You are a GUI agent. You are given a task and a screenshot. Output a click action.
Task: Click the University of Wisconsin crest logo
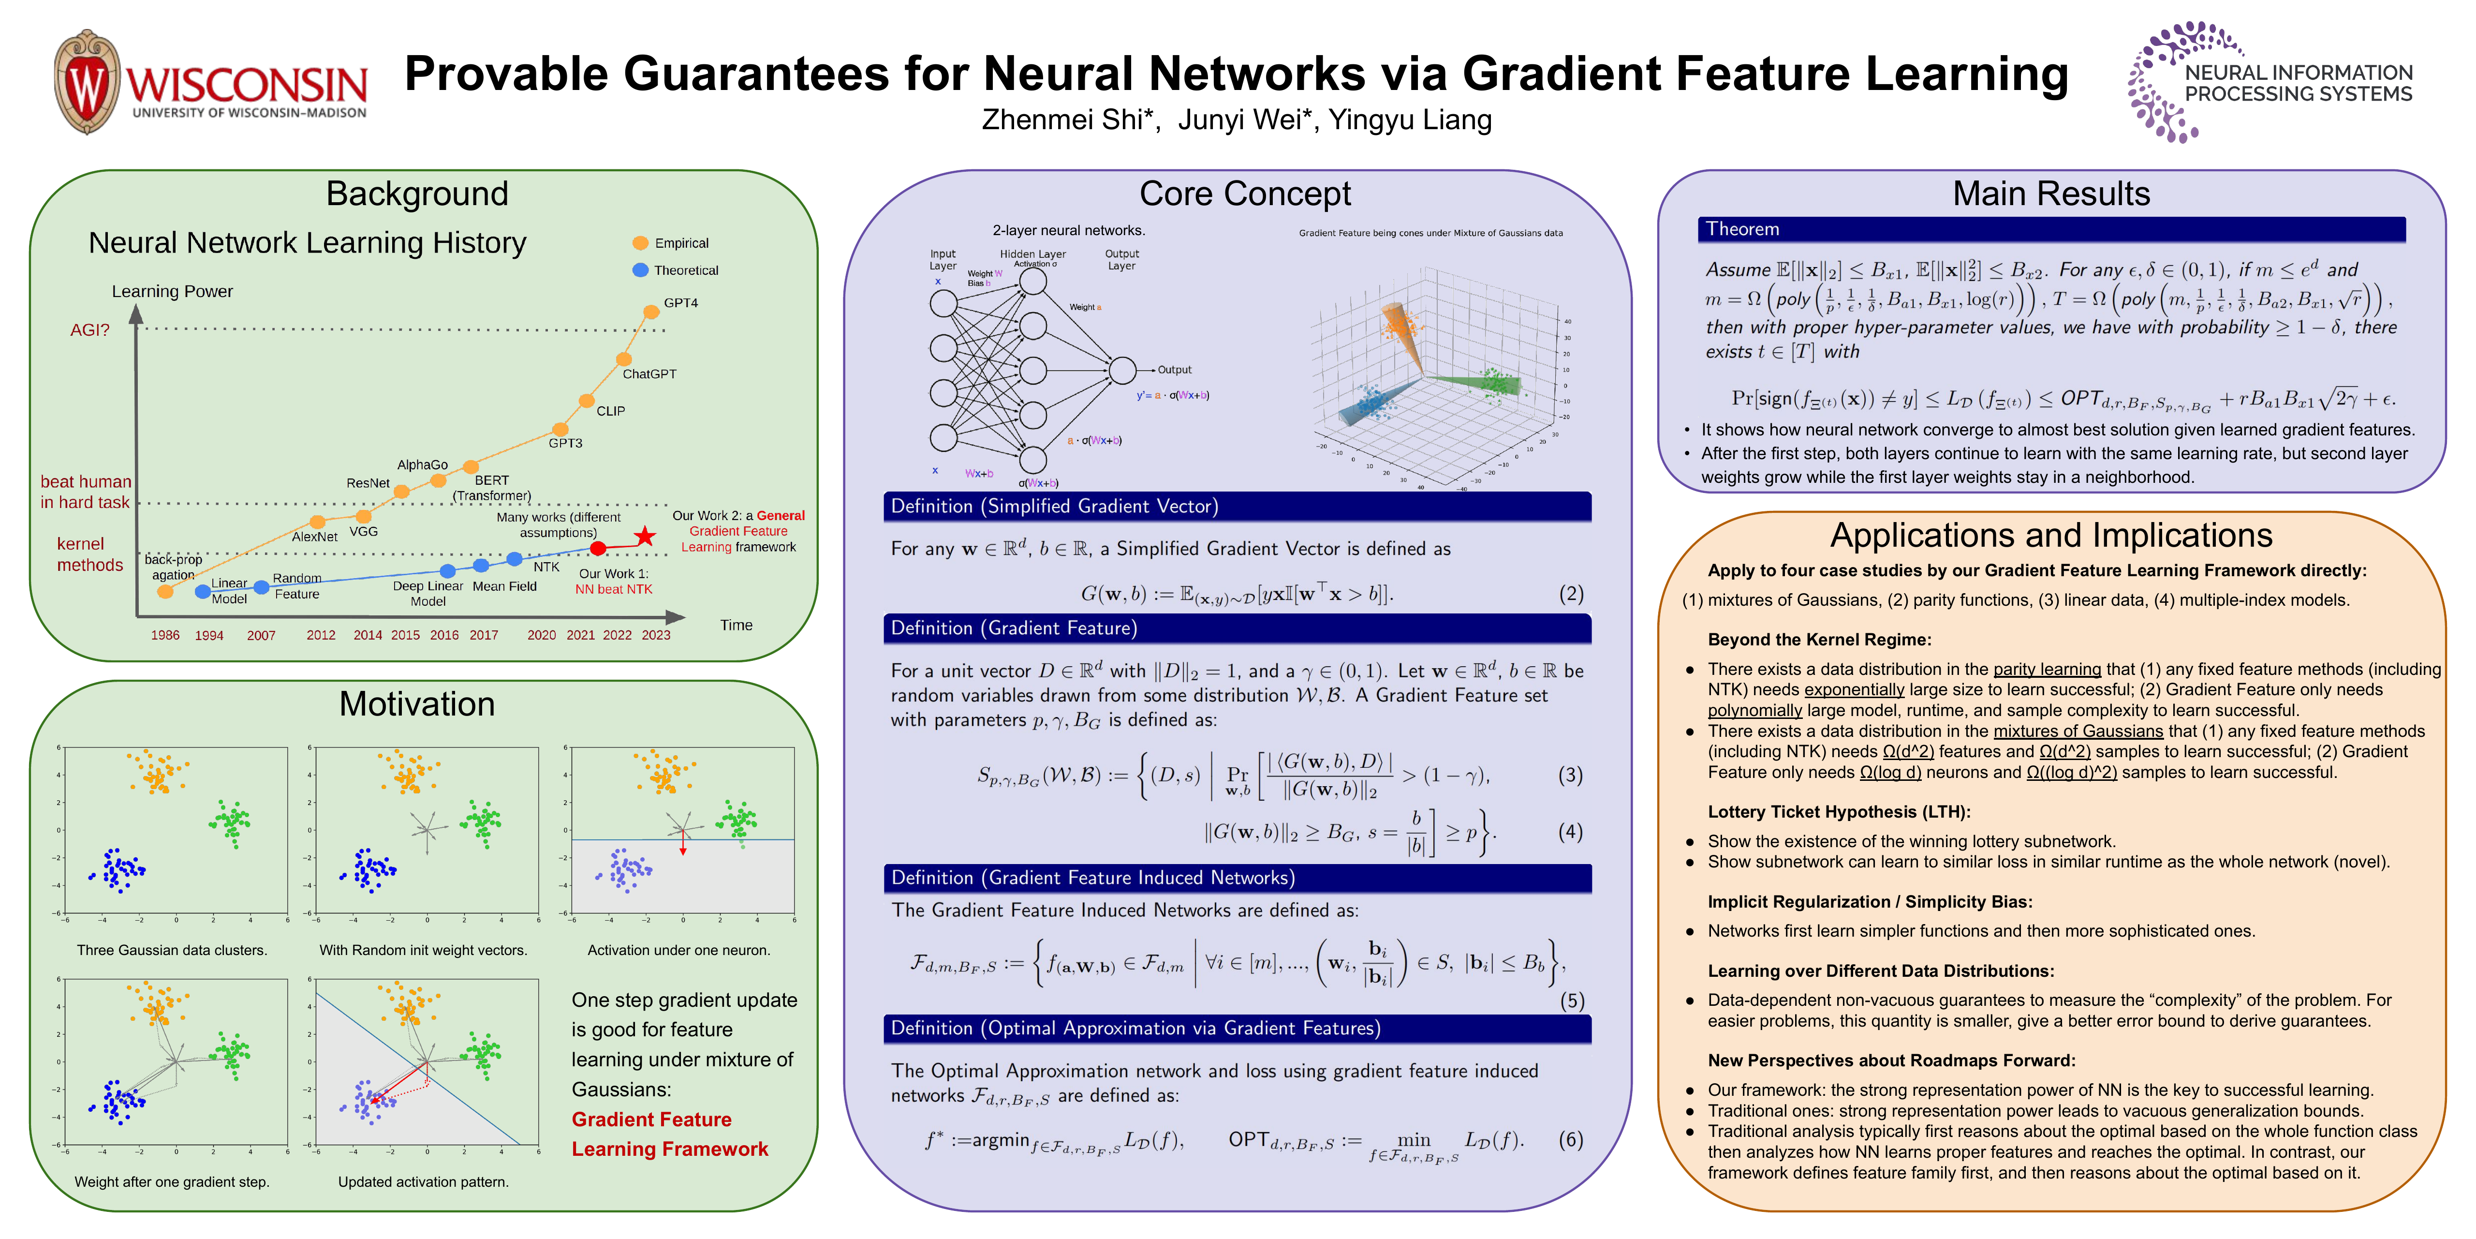click(x=88, y=82)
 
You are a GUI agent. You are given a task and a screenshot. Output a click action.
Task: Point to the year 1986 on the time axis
click(x=165, y=635)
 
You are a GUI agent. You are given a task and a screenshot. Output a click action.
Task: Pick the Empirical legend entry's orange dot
click(x=640, y=243)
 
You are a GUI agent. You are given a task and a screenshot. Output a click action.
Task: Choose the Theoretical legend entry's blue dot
click(x=640, y=270)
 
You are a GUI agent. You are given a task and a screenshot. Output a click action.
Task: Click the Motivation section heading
click(x=417, y=703)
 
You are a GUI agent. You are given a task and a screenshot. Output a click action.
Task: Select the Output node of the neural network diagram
click(x=1122, y=370)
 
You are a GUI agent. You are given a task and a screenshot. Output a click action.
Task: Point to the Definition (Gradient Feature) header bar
click(x=1236, y=627)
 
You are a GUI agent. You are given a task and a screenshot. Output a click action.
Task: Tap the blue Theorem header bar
click(x=2050, y=229)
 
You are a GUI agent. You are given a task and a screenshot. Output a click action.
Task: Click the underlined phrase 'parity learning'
click(x=2047, y=669)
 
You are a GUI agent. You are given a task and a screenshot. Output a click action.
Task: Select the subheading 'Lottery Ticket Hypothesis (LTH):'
click(x=1839, y=811)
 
